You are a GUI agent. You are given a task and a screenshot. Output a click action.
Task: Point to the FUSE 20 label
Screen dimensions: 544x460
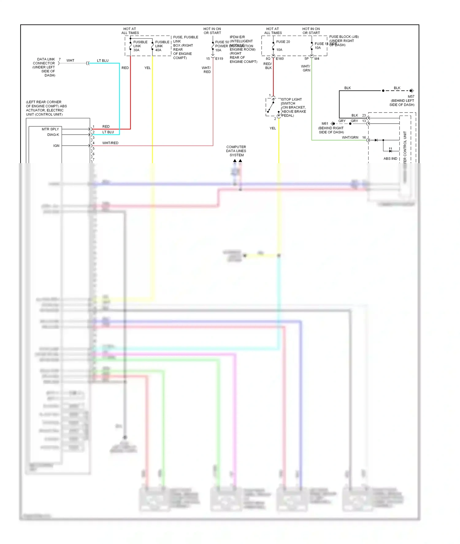tap(283, 42)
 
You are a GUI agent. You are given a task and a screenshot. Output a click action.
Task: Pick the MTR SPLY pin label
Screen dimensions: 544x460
tap(50, 129)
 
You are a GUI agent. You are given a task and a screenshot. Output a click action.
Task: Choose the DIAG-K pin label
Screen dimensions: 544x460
tap(53, 135)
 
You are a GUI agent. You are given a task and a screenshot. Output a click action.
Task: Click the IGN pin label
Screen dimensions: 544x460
tap(56, 146)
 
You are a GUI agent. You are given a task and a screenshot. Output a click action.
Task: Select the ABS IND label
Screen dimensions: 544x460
tap(390, 159)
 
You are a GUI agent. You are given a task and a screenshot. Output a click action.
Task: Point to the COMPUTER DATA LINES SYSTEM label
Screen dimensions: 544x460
tap(236, 151)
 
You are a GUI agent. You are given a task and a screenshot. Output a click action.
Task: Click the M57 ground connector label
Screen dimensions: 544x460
tap(411, 96)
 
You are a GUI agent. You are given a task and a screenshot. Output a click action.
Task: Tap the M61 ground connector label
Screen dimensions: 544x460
tap(325, 124)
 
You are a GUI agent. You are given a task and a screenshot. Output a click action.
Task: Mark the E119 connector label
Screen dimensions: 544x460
tap(219, 59)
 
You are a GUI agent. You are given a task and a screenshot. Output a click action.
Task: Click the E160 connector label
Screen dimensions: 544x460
tap(280, 59)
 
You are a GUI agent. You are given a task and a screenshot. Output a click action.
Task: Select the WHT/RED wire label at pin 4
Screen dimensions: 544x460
tap(110, 143)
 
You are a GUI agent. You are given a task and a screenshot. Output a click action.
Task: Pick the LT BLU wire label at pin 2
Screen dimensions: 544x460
tap(108, 132)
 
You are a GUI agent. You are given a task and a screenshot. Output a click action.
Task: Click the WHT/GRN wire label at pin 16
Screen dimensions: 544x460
tap(350, 137)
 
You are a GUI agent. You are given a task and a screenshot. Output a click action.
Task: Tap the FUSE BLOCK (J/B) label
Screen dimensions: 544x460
tap(344, 37)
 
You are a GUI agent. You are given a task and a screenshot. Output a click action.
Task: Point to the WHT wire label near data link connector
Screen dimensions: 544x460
tap(70, 60)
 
